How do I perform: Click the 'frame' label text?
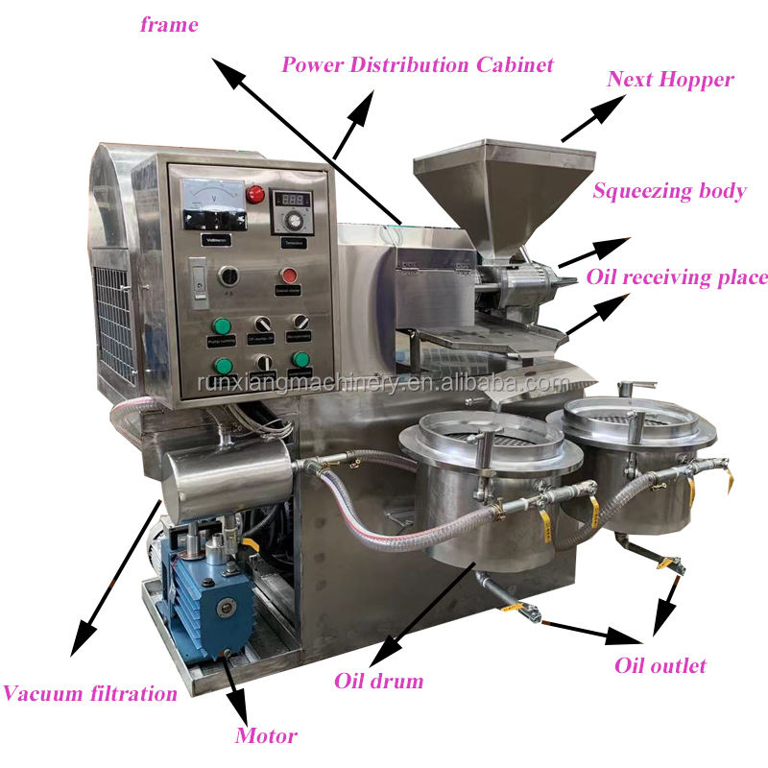coord(169,25)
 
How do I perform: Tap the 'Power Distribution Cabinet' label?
coord(418,65)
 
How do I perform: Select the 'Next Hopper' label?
coord(670,79)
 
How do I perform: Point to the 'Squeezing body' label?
coord(669,191)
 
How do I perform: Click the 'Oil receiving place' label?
coord(678,278)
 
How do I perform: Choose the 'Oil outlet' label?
coord(660,665)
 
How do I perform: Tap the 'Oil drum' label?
coord(378,682)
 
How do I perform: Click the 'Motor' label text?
coord(266,736)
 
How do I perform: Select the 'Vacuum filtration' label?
coord(89,693)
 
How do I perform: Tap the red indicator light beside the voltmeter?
coord(255,194)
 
